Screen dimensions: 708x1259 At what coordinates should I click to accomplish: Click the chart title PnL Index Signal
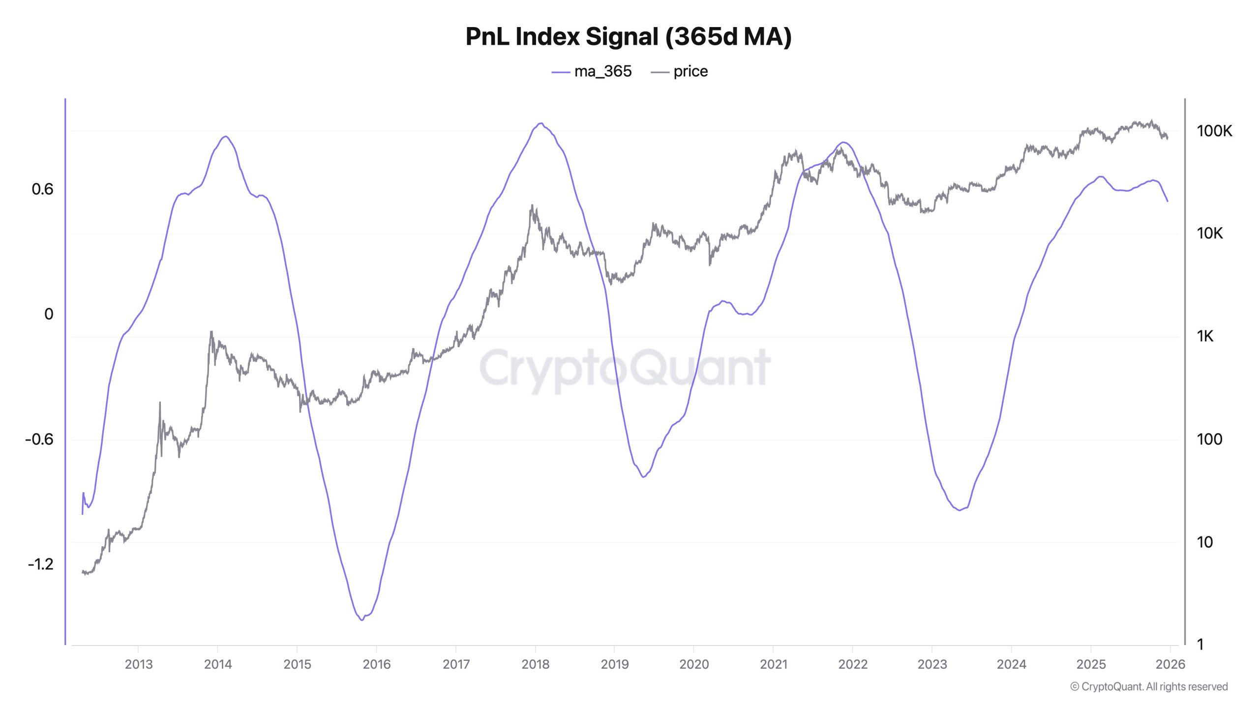point(629,37)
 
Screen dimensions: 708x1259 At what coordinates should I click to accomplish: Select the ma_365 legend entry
point(592,72)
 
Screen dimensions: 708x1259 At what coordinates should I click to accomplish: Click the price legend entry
point(680,72)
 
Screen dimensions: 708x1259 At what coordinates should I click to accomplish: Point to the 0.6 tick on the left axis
point(42,189)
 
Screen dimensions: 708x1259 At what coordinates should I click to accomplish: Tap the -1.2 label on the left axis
point(40,564)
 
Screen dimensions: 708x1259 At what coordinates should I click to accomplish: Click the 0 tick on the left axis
point(49,314)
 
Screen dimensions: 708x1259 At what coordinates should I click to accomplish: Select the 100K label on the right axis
point(1214,131)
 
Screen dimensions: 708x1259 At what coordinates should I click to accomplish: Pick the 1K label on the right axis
point(1205,336)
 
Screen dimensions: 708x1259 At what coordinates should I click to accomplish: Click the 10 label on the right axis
point(1204,542)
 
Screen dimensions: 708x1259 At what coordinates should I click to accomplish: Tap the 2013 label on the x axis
point(139,664)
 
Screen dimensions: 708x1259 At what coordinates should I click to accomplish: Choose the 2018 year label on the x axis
point(535,664)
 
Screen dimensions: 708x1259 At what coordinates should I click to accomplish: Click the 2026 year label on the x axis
point(1170,664)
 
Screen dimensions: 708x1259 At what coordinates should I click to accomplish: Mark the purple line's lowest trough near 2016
point(362,620)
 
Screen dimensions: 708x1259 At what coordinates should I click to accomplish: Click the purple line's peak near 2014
point(226,137)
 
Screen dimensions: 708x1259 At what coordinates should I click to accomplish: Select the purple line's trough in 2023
point(959,510)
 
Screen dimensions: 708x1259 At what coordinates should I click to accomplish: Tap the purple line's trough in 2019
point(643,477)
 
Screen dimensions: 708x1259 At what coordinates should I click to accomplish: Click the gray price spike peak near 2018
point(532,206)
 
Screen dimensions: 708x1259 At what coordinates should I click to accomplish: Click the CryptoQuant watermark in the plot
point(625,368)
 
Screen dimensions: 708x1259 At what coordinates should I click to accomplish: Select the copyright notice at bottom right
point(1149,687)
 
